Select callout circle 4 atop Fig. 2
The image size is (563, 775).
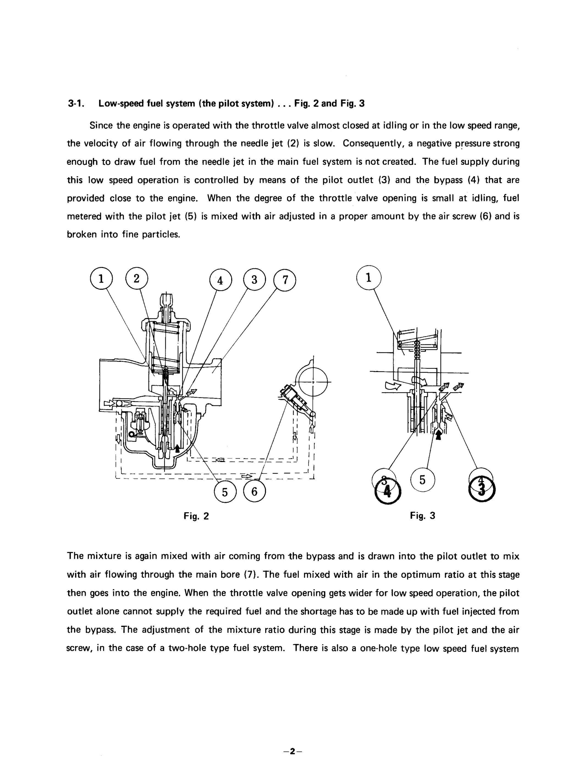coord(220,280)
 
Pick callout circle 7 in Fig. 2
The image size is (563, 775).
coord(285,280)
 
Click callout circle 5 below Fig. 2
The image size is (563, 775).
coord(225,492)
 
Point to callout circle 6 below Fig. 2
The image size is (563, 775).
coord(254,491)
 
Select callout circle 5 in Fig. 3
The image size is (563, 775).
coord(423,480)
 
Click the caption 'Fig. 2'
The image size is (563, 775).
coord(196,516)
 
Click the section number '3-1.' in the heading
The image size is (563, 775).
coord(76,103)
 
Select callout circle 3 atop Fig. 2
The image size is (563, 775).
coord(254,280)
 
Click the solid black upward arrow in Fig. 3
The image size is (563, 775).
coord(439,435)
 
